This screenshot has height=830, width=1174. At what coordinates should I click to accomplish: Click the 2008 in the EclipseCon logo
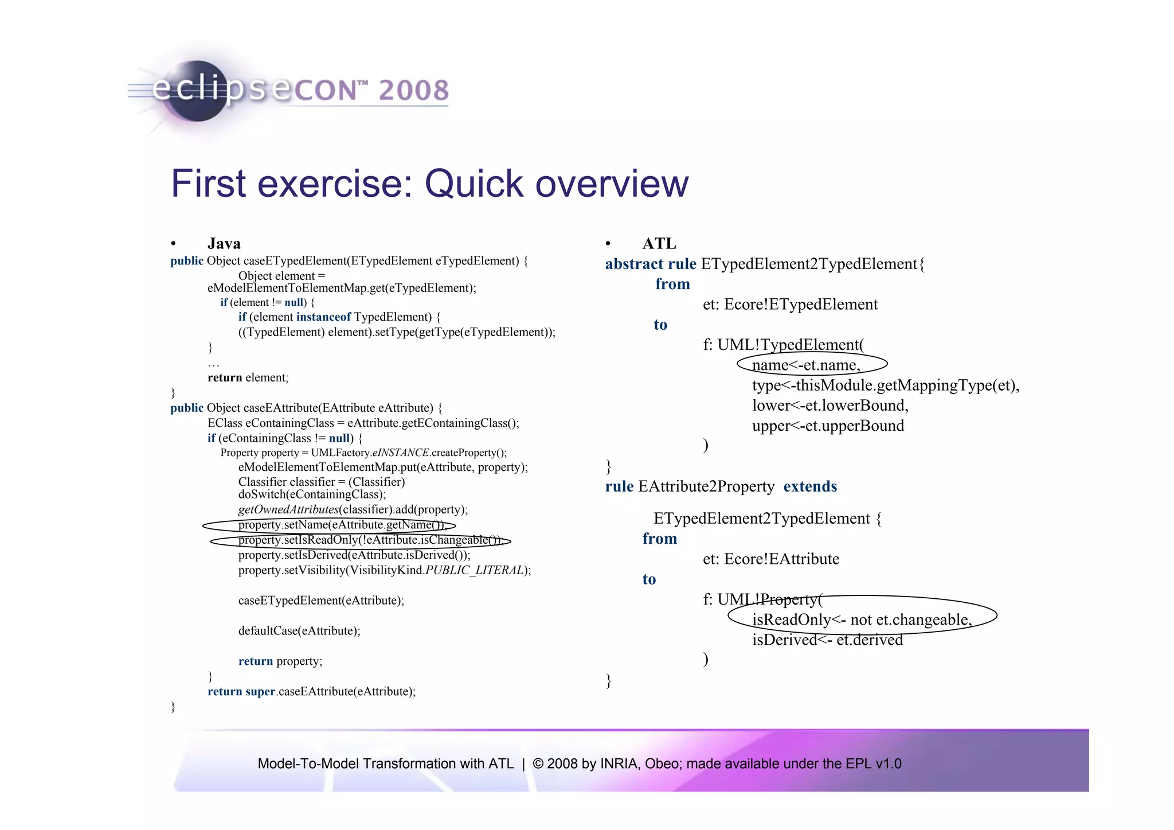click(x=413, y=91)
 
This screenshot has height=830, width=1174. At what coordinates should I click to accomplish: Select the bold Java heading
click(x=224, y=244)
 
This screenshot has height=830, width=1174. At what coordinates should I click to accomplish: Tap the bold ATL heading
click(x=659, y=244)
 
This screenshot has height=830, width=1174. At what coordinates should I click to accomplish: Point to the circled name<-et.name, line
click(x=806, y=365)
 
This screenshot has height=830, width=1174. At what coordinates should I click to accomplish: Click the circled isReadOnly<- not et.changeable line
click(x=862, y=619)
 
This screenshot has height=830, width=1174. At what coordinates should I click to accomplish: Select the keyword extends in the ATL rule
click(x=810, y=486)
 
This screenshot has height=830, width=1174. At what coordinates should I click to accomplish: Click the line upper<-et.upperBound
click(x=828, y=426)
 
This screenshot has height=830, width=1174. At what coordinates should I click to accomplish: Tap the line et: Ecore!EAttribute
click(x=770, y=559)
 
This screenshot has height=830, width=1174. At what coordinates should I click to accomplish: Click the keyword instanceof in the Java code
click(x=323, y=317)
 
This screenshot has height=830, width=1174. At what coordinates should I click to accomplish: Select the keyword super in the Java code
click(x=260, y=692)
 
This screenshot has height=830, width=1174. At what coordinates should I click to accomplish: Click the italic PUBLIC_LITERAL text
click(x=476, y=570)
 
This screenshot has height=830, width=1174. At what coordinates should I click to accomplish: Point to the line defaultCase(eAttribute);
click(x=299, y=631)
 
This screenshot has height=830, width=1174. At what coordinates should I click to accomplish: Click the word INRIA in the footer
click(x=619, y=764)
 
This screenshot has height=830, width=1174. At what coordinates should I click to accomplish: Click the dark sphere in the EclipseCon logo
click(x=197, y=92)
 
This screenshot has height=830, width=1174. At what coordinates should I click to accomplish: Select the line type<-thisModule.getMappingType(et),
click(x=886, y=385)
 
